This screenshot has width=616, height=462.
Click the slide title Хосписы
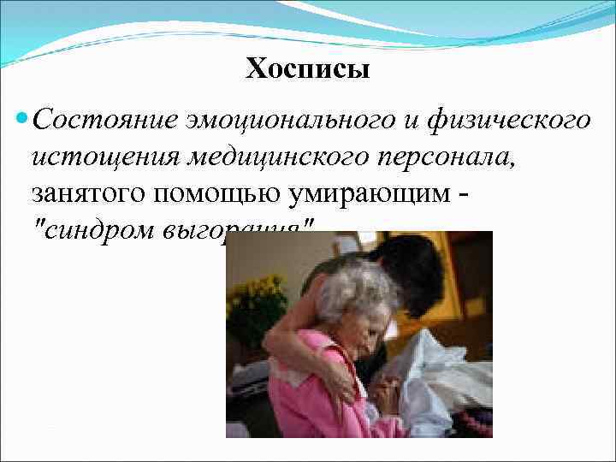308,68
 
